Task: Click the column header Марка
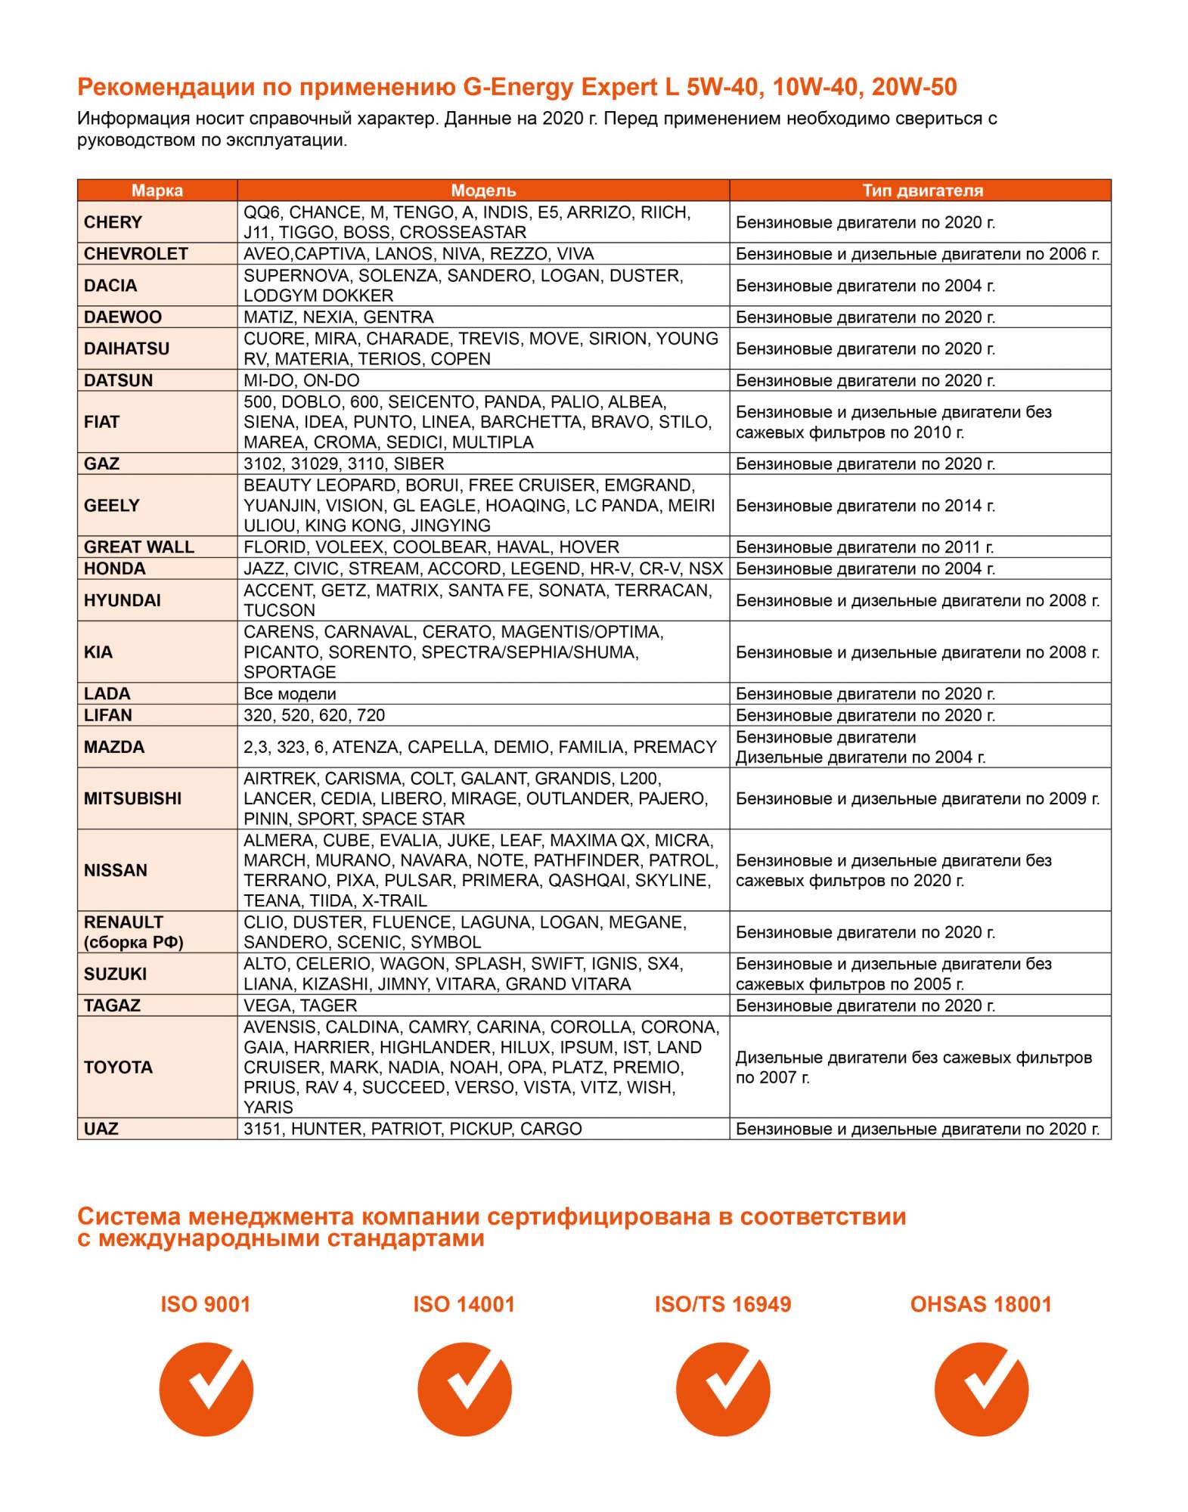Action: tap(157, 191)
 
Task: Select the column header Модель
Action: tap(483, 191)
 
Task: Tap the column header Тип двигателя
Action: tap(922, 191)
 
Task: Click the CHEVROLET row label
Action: tap(136, 254)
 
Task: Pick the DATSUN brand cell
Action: tap(119, 380)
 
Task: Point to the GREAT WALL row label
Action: tap(139, 547)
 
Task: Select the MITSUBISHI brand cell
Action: tap(133, 798)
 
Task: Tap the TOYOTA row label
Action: tap(119, 1067)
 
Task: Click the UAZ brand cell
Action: tap(101, 1129)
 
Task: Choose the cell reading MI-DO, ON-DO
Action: tap(302, 380)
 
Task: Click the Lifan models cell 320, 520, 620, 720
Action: tap(315, 715)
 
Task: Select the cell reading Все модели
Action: tap(290, 694)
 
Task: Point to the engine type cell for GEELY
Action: tap(865, 506)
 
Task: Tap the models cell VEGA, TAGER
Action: tap(300, 1005)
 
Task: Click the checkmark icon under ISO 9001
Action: tap(206, 1389)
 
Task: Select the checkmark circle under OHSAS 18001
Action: tap(981, 1389)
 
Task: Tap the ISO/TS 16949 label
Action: tap(723, 1304)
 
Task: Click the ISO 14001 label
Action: tap(464, 1304)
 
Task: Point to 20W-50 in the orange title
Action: tap(913, 88)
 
